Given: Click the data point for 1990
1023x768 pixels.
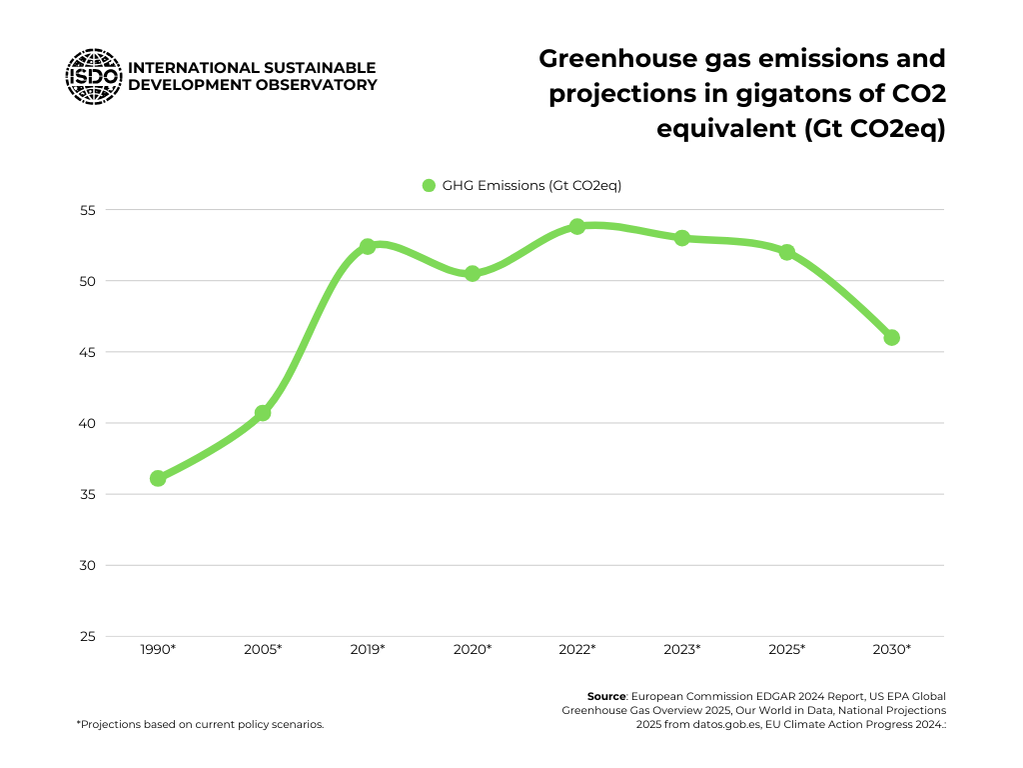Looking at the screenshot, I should (x=158, y=478).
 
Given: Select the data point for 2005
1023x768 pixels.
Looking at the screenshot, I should (x=263, y=412).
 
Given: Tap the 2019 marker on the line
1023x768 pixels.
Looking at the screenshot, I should (x=368, y=246).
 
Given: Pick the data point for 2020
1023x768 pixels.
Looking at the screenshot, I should (x=473, y=273).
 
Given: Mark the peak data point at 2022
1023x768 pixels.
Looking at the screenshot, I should (x=577, y=226).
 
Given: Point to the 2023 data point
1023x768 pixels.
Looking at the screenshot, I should (x=682, y=238).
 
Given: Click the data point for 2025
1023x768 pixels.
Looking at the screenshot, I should (x=787, y=252).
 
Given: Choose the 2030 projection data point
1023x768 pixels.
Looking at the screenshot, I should (x=892, y=337).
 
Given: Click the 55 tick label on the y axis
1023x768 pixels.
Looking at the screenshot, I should (x=87, y=210).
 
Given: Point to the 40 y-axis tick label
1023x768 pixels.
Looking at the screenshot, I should (x=87, y=423).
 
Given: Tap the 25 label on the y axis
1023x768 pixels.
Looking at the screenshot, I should (x=87, y=636).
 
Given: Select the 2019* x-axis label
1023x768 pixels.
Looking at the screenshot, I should (x=368, y=650).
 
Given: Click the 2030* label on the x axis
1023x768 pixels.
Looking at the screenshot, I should (x=892, y=650).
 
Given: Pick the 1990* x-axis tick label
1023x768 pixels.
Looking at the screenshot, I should (x=158, y=650).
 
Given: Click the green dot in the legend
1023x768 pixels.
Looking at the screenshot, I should (x=430, y=185).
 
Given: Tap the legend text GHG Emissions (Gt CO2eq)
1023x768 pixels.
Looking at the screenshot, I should (x=532, y=185).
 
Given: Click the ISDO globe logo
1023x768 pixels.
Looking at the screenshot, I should (x=93, y=77).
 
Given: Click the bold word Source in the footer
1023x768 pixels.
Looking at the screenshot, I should (x=606, y=695).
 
